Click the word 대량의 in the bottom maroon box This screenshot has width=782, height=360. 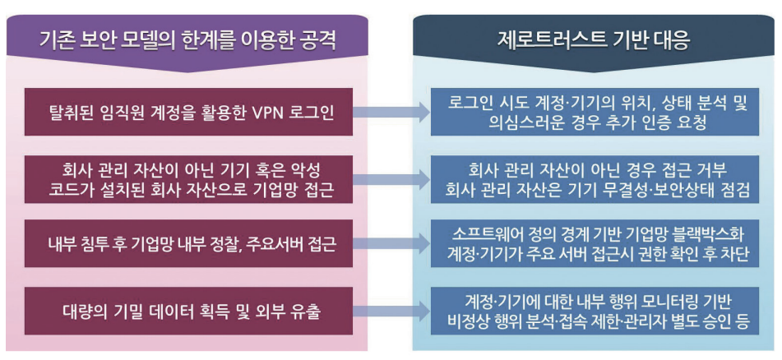[83, 311]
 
